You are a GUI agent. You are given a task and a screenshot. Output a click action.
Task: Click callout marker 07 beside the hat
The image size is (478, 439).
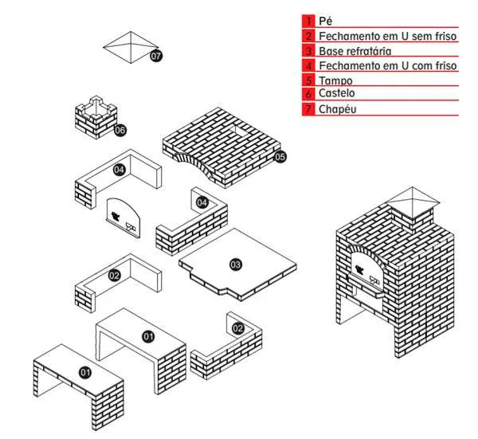point(155,56)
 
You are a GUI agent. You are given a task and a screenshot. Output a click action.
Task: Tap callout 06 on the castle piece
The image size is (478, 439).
point(119,129)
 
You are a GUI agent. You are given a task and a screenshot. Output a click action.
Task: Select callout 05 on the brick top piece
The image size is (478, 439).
point(280,157)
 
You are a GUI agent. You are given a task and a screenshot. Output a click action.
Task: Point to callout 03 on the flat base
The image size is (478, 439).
point(236,264)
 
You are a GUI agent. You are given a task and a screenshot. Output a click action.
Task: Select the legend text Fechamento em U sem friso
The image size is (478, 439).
point(387,36)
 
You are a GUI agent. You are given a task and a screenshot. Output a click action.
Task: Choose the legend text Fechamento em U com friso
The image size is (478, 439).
point(387,65)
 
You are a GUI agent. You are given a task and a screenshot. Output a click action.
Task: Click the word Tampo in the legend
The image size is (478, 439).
point(335,80)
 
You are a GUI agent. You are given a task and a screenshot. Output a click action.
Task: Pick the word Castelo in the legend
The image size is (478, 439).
point(338,93)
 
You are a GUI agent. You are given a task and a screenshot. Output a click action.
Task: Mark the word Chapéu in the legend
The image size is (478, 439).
point(337,108)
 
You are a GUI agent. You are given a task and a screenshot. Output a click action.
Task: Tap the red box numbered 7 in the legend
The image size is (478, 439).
point(308,108)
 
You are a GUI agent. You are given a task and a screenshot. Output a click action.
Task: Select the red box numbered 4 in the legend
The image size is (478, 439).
point(308,65)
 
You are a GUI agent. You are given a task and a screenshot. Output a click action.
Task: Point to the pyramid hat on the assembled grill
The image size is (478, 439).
point(409,199)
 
